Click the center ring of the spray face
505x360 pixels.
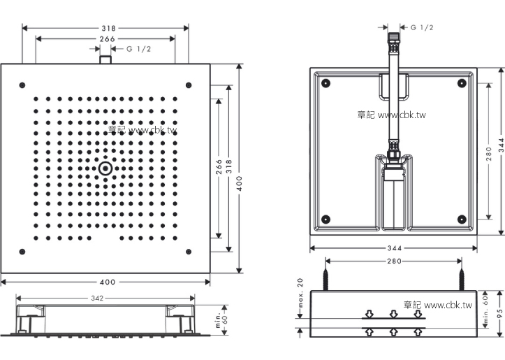(x=105, y=168)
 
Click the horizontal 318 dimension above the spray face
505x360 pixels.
(x=107, y=29)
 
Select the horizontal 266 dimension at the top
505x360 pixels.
(x=107, y=39)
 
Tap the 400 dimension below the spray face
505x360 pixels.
(x=107, y=282)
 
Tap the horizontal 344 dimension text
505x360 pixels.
(x=393, y=248)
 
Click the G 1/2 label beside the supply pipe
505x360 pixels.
(x=422, y=27)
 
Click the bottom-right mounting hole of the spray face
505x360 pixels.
(x=189, y=251)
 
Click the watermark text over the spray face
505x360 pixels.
(x=143, y=130)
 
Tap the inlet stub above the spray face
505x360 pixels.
(x=105, y=59)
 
